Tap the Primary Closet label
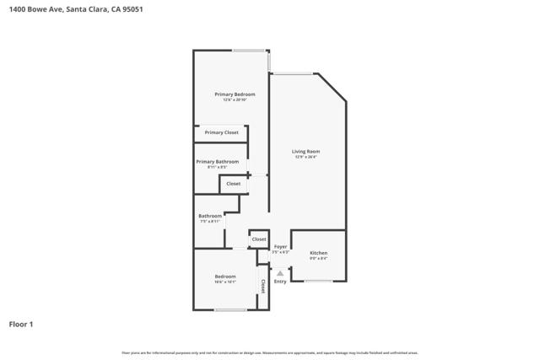point(221,132)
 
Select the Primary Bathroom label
point(217,161)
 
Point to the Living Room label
point(306,152)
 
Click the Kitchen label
point(318,253)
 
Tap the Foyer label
point(280,246)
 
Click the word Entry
point(280,282)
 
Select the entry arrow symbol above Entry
point(280,272)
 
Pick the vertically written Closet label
point(263,287)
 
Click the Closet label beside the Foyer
point(259,239)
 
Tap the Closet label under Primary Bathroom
point(234,183)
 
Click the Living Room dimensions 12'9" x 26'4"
point(306,158)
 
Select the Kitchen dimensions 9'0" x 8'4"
point(318,259)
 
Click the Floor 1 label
point(21,324)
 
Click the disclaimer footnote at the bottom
point(270,352)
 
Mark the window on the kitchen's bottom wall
point(318,281)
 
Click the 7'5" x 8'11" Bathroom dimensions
point(210,221)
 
